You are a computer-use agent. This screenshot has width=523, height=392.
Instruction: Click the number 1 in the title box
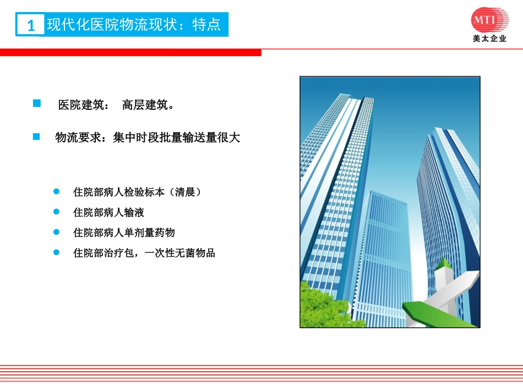click(31, 25)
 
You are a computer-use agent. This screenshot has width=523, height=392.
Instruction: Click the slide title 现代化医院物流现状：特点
click(134, 25)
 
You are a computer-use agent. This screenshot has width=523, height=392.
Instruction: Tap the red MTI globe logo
click(490, 21)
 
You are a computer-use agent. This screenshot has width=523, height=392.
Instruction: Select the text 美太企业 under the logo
click(489, 39)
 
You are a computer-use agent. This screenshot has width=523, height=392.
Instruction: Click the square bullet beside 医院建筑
click(37, 103)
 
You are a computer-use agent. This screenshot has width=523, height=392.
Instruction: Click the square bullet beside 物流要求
click(37, 136)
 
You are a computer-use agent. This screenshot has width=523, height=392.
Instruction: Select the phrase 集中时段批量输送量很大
click(177, 137)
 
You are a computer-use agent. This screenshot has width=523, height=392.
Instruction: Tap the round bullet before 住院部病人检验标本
click(56, 192)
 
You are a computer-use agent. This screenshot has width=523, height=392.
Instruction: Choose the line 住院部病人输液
click(108, 212)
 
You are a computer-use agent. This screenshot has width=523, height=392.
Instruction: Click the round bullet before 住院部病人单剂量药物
click(56, 232)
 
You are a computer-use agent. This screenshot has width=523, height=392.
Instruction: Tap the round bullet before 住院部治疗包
click(56, 252)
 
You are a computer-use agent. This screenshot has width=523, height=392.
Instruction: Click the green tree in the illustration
click(322, 305)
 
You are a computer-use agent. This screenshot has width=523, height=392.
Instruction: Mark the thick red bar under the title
click(130, 52)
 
